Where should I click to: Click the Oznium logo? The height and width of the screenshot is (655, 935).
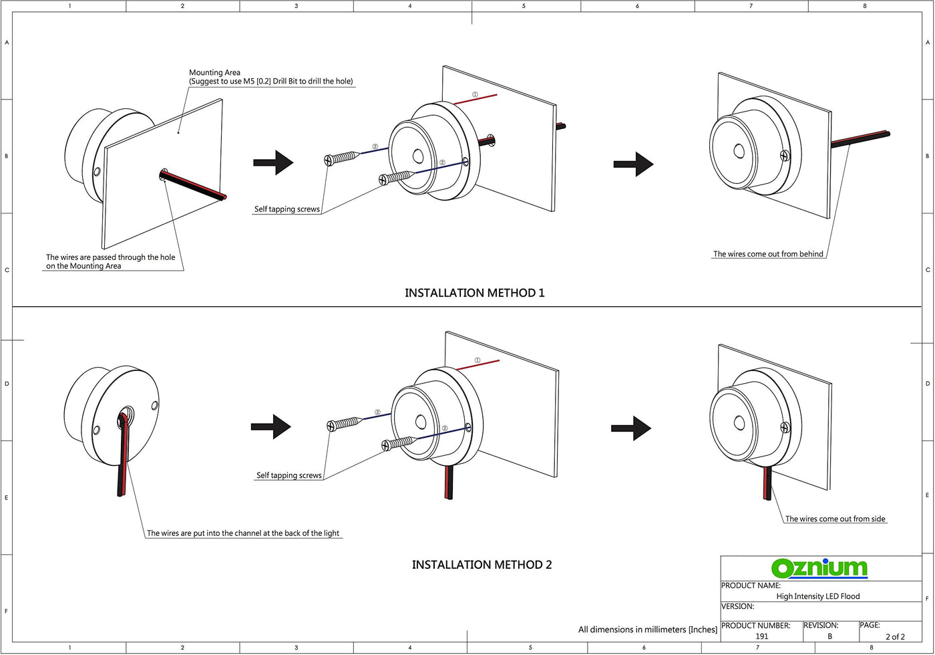pos(819,569)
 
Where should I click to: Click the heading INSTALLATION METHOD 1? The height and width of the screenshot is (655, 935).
pos(475,293)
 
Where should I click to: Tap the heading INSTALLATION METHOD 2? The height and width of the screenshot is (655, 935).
pos(482,565)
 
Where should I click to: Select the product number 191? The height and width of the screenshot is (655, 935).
pos(762,636)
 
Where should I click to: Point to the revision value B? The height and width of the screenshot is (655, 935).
pos(829,636)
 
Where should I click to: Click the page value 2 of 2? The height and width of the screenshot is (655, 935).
pos(896,636)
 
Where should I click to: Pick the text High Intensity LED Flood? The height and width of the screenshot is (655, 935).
pos(818,596)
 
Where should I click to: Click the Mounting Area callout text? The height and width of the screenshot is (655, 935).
pos(271,77)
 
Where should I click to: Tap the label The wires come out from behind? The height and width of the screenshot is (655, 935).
pos(768,254)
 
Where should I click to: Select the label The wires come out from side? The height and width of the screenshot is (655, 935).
pos(835,519)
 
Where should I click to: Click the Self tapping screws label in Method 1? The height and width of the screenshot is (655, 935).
pos(287,209)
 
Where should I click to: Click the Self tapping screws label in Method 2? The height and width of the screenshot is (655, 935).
pos(289,475)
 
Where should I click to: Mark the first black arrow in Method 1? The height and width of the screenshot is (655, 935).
pos(273,162)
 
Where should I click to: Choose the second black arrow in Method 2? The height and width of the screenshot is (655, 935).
pos(631,428)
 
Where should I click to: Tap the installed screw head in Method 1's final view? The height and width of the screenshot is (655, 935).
pos(785,156)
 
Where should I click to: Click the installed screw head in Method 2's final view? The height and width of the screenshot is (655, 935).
pos(785,428)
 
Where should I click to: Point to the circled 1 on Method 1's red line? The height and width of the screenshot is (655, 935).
pos(475,95)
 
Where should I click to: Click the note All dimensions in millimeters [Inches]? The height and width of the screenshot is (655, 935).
pos(647,630)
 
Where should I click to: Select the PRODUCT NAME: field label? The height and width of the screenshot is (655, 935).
pos(751,585)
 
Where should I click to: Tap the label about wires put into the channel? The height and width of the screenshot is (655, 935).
pos(243,533)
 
